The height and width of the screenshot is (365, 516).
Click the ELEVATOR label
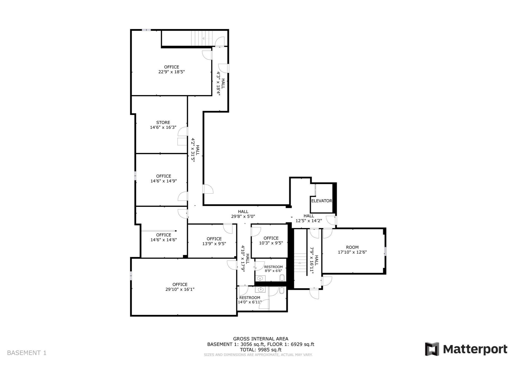(x=321, y=201)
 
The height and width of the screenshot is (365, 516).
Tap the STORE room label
(x=163, y=123)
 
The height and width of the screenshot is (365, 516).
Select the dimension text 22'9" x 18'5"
(x=172, y=72)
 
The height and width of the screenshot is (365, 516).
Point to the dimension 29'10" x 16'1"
(x=180, y=289)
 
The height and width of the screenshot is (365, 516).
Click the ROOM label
(x=352, y=247)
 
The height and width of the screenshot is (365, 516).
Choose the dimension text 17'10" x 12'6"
(x=352, y=252)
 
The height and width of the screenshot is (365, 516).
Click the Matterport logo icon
(x=432, y=349)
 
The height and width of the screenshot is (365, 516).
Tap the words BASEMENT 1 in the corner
(x=27, y=353)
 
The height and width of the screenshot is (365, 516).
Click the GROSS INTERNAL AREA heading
(x=261, y=339)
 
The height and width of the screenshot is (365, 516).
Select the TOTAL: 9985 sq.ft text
(x=261, y=350)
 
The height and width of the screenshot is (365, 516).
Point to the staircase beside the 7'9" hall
(x=300, y=263)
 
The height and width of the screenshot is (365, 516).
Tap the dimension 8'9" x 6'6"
(x=273, y=271)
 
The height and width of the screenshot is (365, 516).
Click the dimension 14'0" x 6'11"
(x=250, y=302)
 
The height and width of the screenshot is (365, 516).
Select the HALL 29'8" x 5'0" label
(x=243, y=214)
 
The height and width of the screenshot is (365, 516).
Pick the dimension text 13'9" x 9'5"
(x=214, y=244)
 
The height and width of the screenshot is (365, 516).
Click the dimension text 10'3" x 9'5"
(x=271, y=243)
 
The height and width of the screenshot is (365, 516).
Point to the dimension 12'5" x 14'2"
(x=309, y=221)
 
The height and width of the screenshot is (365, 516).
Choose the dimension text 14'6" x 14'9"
(x=164, y=181)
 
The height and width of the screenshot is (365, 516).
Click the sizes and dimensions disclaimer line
(x=258, y=355)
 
